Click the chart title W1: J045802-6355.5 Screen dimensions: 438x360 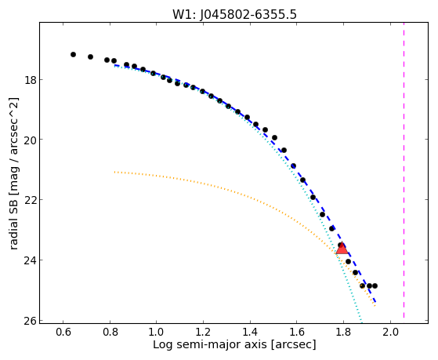point(234,15)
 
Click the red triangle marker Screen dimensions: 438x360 point(342,249)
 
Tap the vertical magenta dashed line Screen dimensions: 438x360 point(404,170)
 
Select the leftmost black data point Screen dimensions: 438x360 point(73,55)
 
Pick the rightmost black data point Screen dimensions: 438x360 point(375,285)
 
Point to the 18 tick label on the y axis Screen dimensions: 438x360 point(31,80)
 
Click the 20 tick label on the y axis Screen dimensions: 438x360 point(31,140)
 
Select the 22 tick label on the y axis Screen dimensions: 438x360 point(31,200)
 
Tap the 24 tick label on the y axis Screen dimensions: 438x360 point(31,260)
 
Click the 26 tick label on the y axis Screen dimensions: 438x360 point(31,321)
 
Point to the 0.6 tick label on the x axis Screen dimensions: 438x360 point(63,332)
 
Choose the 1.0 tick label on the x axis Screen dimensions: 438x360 point(157,332)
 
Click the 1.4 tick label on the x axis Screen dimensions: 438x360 point(250,332)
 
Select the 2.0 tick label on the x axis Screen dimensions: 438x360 point(390,332)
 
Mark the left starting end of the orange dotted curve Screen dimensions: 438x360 point(114,172)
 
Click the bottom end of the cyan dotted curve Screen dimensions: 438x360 point(361,319)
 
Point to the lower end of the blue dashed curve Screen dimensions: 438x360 point(375,303)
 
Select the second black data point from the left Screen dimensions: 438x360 point(91,56)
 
